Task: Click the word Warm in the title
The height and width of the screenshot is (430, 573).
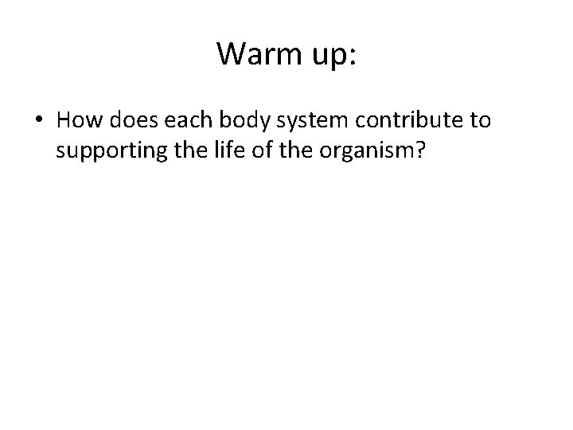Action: coord(257,54)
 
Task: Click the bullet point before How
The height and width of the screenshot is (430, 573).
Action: coord(40,122)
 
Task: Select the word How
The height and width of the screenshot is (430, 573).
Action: coord(79,121)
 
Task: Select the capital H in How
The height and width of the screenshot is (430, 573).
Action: coord(65,121)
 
